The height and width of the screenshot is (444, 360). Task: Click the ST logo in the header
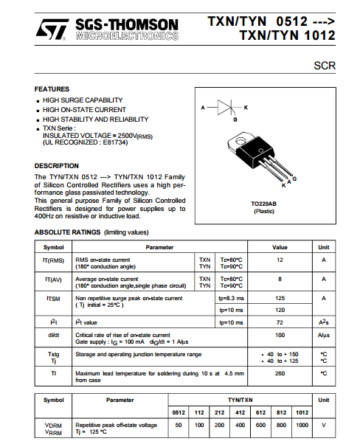pyautogui.click(x=52, y=30)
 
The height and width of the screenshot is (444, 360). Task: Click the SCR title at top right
pyautogui.click(x=325, y=66)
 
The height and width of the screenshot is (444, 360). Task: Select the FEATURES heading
pyautogui.click(x=52, y=89)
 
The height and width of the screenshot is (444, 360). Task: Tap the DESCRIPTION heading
pyautogui.click(x=57, y=166)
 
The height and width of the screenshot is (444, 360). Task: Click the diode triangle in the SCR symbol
pyautogui.click(x=224, y=108)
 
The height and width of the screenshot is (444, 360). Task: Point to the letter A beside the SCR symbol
pyautogui.click(x=203, y=108)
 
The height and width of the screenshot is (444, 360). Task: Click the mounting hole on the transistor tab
pyautogui.click(x=241, y=140)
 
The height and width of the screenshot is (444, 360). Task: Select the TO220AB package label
pyautogui.click(x=263, y=204)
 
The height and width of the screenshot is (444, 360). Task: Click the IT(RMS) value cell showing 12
pyautogui.click(x=280, y=260)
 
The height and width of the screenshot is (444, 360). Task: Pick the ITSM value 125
pyautogui.click(x=280, y=298)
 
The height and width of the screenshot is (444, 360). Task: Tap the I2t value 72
pyautogui.click(x=280, y=322)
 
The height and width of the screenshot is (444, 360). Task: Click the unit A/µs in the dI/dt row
pyautogui.click(x=324, y=336)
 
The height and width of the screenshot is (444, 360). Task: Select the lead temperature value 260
pyautogui.click(x=280, y=373)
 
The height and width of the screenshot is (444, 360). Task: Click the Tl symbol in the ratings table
pyautogui.click(x=54, y=373)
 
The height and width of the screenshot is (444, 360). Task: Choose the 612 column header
pyautogui.click(x=261, y=412)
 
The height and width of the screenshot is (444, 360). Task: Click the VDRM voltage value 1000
pyautogui.click(x=302, y=425)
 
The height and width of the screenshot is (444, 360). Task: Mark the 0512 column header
pyautogui.click(x=179, y=412)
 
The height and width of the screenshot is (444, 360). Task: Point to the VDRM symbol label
pyautogui.click(x=53, y=426)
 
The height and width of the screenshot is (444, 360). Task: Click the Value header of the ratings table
pyautogui.click(x=280, y=248)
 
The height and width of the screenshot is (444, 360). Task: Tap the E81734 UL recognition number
pyautogui.click(x=115, y=142)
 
